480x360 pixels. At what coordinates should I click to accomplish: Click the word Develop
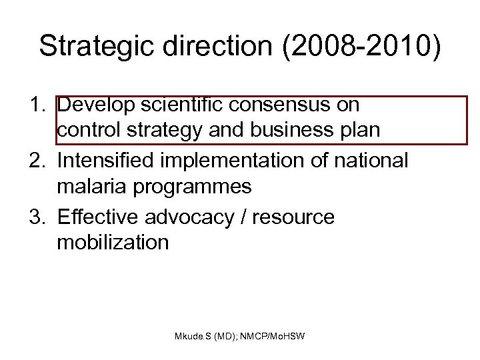[95, 105]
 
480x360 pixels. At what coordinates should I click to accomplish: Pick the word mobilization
[113, 242]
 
